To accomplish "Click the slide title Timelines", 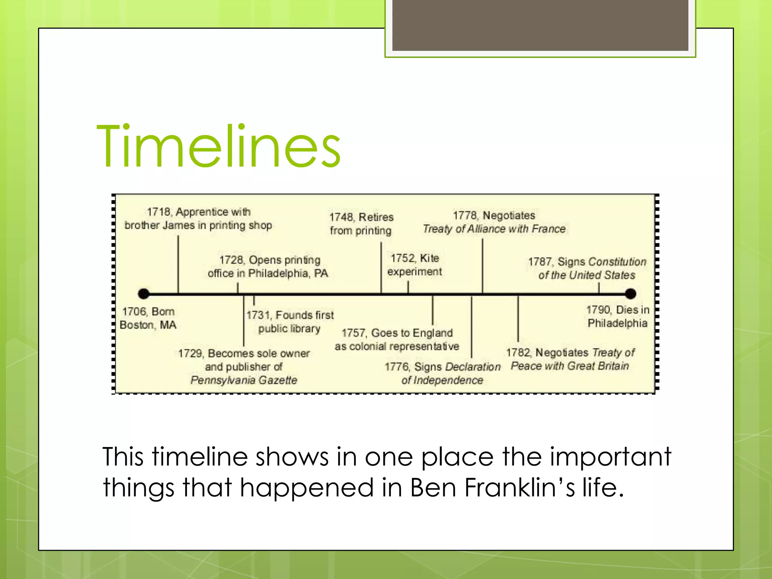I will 219,146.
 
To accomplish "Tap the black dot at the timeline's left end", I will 144,294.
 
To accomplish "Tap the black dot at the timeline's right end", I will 630,294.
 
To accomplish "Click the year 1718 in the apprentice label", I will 158,212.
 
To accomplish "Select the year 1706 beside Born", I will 133,312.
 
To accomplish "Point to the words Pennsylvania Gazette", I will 244,380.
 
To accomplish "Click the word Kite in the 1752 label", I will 429,258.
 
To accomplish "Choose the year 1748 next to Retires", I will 341,218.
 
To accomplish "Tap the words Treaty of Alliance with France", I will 494,229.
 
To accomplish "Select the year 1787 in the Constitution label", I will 540,262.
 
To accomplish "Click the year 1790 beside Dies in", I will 598,310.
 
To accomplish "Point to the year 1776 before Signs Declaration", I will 397,367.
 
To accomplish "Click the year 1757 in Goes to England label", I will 353,333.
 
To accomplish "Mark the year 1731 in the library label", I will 258,315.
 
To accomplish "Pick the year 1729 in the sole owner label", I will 190,354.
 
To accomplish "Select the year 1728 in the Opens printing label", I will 231,260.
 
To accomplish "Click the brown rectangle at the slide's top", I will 540,25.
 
